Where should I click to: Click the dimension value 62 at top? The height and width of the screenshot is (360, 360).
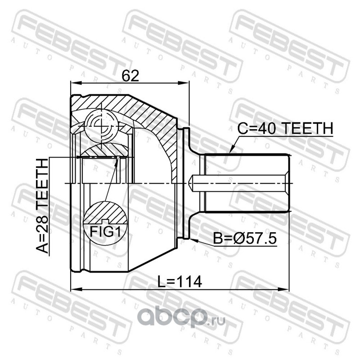[130, 76]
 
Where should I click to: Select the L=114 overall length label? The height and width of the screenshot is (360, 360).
[180, 282]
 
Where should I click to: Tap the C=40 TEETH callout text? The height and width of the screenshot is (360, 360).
[285, 128]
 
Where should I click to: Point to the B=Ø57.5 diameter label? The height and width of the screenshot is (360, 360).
[245, 238]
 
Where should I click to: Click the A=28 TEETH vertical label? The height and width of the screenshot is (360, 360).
[42, 206]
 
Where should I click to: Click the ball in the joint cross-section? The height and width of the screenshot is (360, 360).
[101, 126]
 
